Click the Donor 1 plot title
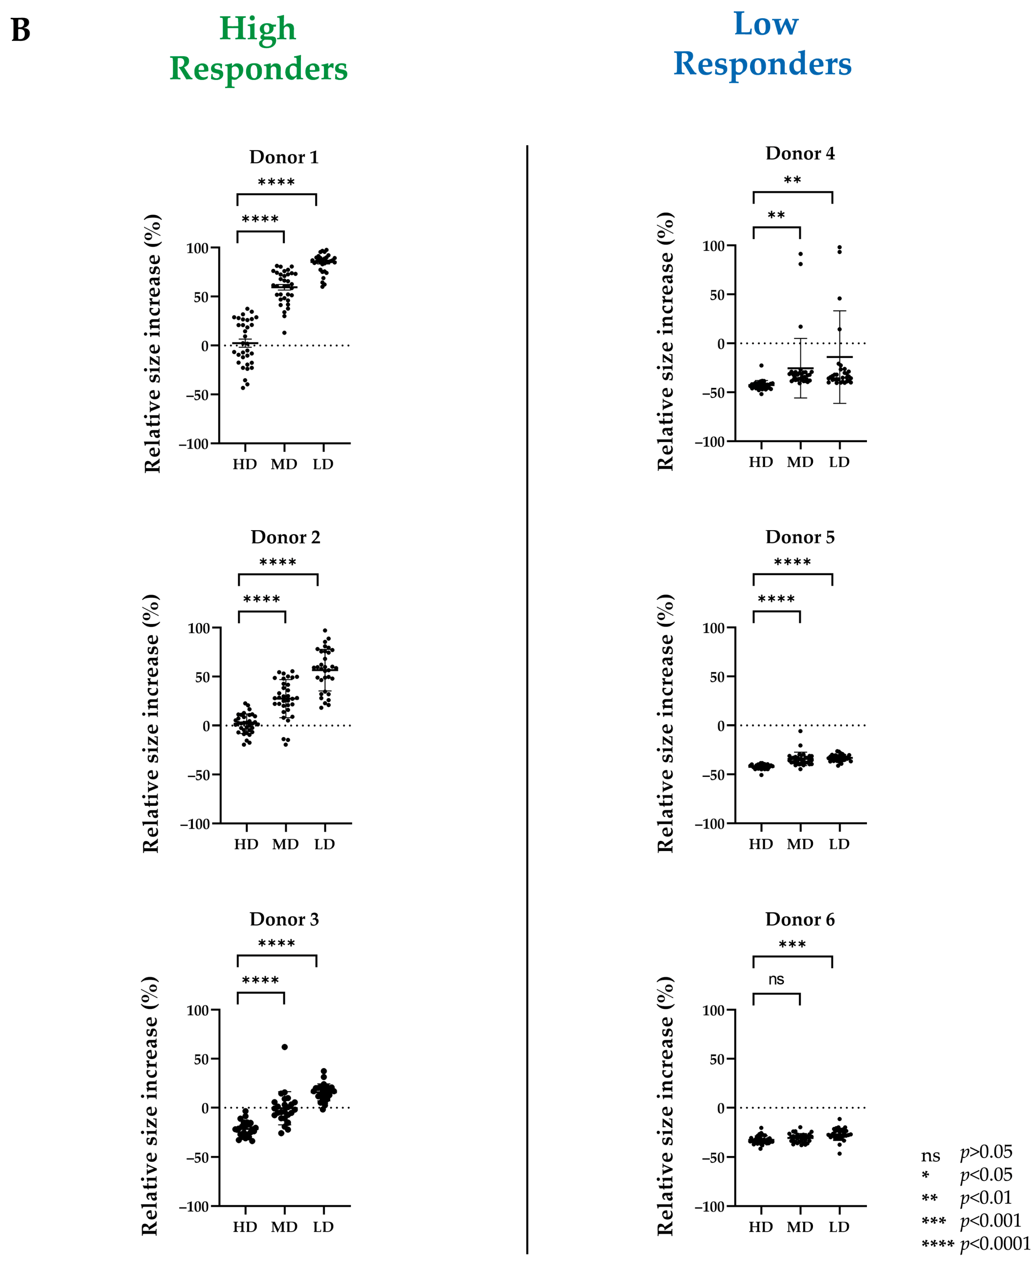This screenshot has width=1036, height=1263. click(284, 157)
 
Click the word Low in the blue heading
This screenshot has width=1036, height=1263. click(766, 24)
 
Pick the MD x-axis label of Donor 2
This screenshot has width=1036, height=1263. click(285, 844)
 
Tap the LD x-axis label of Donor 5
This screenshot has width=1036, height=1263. click(839, 844)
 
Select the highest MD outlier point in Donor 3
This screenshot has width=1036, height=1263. click(285, 1047)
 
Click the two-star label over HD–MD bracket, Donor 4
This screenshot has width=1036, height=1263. click(776, 215)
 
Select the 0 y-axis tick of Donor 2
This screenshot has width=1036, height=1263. click(206, 726)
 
